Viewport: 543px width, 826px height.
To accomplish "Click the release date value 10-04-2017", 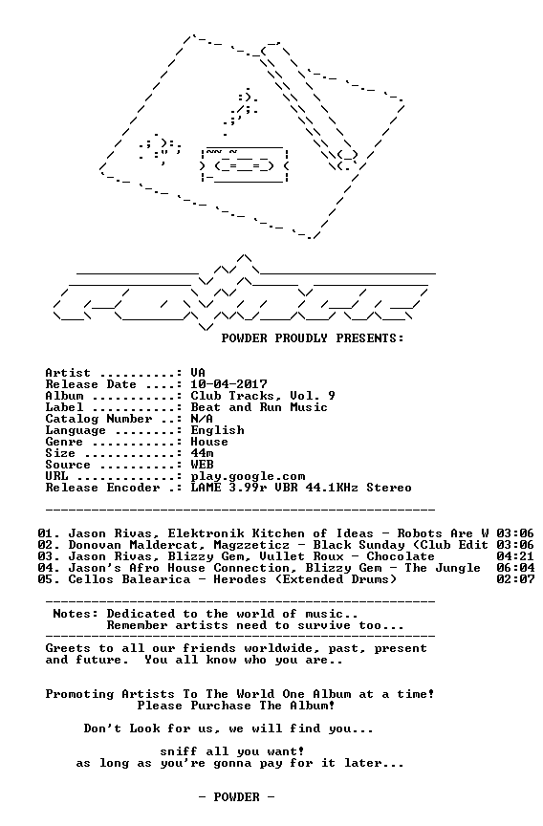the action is [228, 384].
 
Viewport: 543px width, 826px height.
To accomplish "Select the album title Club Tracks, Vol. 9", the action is [263, 396].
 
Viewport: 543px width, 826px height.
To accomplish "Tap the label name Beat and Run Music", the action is [259, 407].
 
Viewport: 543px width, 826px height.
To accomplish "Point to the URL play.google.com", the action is [248, 477].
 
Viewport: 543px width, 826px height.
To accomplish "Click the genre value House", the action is [209, 442].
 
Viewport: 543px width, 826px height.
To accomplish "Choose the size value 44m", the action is [202, 453].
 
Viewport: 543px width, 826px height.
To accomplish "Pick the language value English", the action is [217, 431].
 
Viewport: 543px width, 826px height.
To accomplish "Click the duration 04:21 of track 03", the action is [515, 556].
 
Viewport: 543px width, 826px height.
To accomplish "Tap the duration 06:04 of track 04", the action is [515, 569].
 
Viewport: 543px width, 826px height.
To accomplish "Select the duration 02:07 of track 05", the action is [515, 579].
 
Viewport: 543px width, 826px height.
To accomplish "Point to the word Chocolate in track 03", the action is [401, 556].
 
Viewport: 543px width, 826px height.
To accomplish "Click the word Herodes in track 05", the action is [240, 579].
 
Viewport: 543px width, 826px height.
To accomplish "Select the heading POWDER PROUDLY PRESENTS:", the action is [313, 338].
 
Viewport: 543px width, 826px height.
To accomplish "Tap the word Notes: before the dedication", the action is [76, 614].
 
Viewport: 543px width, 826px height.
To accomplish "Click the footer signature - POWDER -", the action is [236, 797].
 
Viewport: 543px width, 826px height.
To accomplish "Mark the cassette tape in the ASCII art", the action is [245, 165].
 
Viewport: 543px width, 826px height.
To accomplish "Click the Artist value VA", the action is [198, 373].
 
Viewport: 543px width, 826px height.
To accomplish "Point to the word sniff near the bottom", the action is [179, 751].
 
